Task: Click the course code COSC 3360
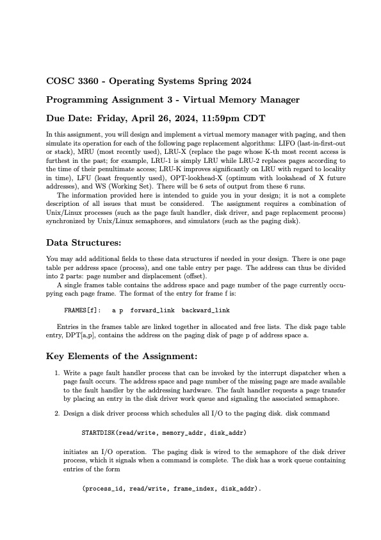[72, 81]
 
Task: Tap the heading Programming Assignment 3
[115, 100]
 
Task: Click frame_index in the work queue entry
[193, 488]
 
